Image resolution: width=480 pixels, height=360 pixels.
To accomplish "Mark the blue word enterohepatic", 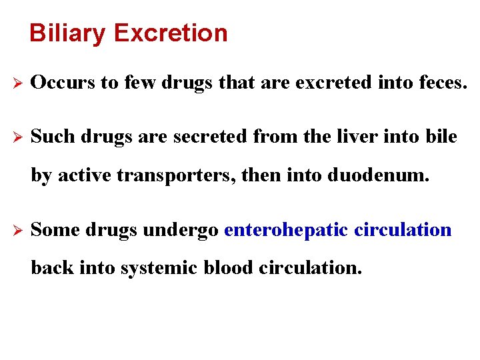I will click(x=286, y=230).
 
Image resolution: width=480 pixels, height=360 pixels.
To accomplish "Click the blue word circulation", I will click(x=403, y=230).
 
